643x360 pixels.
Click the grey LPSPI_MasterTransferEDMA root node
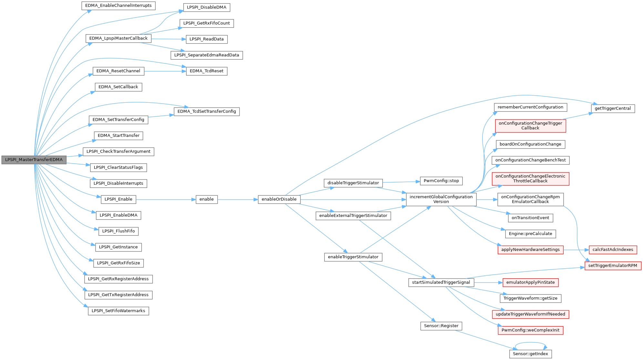[x=34, y=160]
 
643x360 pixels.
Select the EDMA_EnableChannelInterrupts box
[x=118, y=5]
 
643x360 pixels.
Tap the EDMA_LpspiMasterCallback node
[x=118, y=38]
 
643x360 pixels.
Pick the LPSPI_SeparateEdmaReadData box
[x=207, y=55]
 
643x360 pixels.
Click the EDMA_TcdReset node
[x=207, y=71]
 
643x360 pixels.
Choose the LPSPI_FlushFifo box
[x=118, y=231]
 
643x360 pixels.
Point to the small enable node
[x=207, y=199]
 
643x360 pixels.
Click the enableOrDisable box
[x=279, y=199]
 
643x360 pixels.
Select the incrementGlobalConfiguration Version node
[x=441, y=199]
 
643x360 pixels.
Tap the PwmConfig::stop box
[x=441, y=181]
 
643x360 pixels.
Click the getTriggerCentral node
[x=613, y=108]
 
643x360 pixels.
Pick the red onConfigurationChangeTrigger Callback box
[x=530, y=126]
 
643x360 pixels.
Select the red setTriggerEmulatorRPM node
[x=613, y=266]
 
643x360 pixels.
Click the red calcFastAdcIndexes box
[x=613, y=250]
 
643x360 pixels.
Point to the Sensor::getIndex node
[x=531, y=354]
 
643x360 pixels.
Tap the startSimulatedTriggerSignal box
[x=441, y=283]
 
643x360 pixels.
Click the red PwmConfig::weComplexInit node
[x=531, y=331]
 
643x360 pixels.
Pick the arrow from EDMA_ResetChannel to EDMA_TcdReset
[x=165, y=71]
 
